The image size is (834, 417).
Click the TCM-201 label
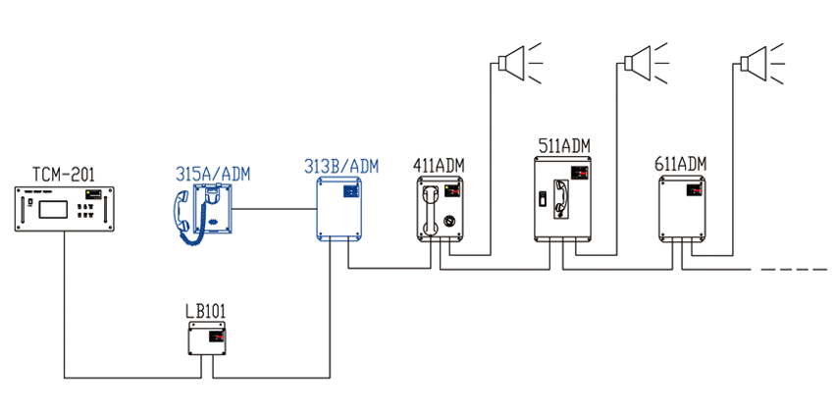[64, 175]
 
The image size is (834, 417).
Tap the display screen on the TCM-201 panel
[53, 208]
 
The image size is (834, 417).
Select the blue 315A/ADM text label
[213, 174]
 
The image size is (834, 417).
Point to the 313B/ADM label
[340, 166]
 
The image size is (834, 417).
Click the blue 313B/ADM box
[339, 208]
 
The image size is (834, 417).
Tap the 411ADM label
[439, 165]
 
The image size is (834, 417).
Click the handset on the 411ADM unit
[430, 210]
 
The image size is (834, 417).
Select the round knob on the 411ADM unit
[450, 220]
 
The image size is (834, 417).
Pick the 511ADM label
[564, 146]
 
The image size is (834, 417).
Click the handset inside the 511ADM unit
[560, 198]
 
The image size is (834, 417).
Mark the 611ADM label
[681, 164]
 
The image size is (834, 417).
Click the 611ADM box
[683, 208]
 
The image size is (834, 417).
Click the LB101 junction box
[207, 339]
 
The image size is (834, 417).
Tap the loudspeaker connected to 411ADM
[520, 63]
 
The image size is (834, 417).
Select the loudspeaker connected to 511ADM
[646, 64]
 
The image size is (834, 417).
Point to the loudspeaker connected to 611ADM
[762, 64]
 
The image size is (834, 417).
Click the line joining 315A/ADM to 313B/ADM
[275, 209]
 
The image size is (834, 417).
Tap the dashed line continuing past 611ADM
[794, 270]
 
